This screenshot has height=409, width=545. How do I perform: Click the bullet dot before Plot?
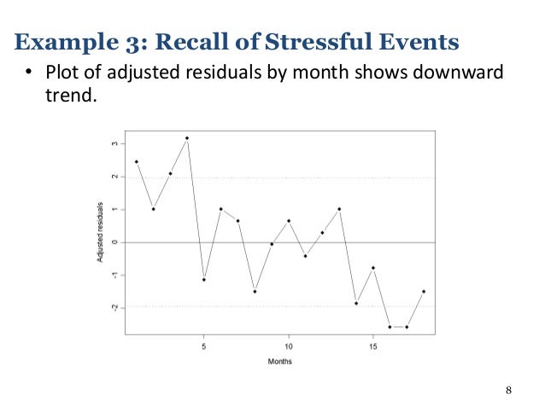(x=28, y=74)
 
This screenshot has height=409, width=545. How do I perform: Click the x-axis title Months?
(x=279, y=361)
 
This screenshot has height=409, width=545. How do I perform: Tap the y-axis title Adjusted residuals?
(x=100, y=231)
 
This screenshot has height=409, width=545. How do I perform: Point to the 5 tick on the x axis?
(x=203, y=347)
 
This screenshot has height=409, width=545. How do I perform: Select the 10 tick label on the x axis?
(x=289, y=347)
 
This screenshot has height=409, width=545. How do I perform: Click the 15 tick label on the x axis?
(x=372, y=347)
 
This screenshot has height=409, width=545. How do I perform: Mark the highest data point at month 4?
(x=186, y=137)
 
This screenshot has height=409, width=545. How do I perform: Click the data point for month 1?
(x=137, y=161)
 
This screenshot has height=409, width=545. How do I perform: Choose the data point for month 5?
(x=203, y=279)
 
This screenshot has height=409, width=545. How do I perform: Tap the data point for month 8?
(x=255, y=291)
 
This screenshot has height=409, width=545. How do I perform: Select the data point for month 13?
(x=339, y=208)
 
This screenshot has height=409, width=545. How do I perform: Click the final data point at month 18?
(x=424, y=291)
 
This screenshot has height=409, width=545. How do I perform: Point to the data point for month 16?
(x=390, y=326)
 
